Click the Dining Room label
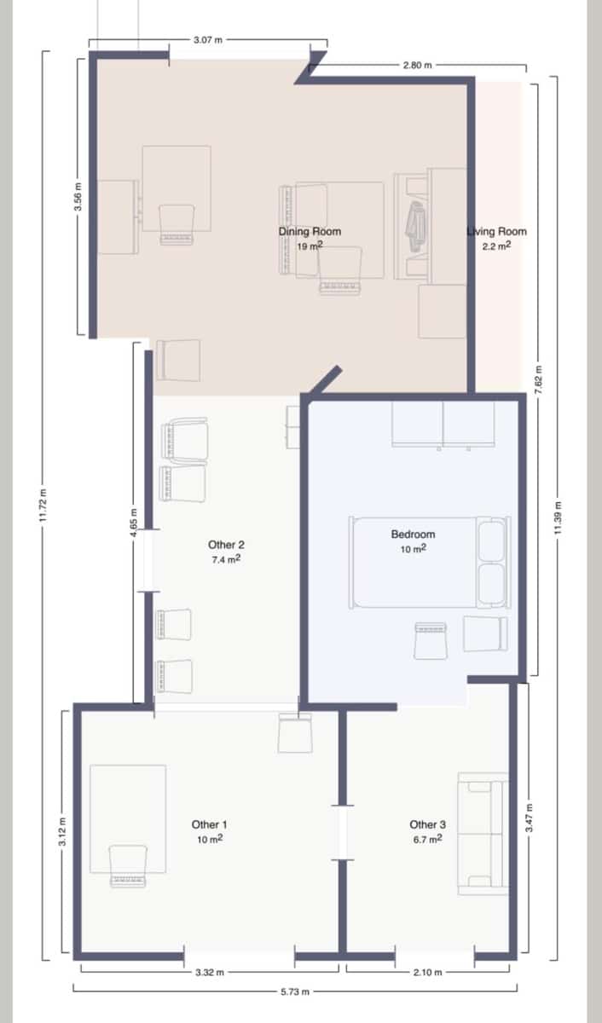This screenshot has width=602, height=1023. [310, 231]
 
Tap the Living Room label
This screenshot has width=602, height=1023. [497, 231]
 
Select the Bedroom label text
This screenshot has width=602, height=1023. [413, 535]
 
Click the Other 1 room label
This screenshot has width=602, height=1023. [209, 824]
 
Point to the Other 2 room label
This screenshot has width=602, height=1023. [226, 544]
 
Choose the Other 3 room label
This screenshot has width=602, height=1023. [427, 824]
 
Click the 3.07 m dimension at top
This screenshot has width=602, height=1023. [209, 39]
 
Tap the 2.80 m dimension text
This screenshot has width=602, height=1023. [418, 65]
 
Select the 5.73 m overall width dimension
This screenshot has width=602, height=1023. [295, 991]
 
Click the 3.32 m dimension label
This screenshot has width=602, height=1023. [209, 971]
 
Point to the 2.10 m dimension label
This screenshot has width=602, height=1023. [427, 971]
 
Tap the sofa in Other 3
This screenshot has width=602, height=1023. [483, 834]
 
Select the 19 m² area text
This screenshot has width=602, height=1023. [310, 246]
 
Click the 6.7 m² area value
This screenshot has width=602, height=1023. [427, 840]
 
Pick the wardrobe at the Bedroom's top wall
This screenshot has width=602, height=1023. [443, 424]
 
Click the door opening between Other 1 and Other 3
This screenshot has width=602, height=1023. [343, 831]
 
